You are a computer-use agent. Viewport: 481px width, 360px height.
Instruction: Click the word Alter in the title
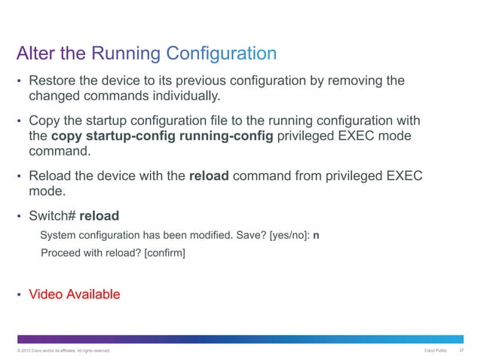coord(35,53)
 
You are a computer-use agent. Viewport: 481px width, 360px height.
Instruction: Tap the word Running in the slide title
coord(127,53)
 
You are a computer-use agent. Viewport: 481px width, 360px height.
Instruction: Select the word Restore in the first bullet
coord(54,81)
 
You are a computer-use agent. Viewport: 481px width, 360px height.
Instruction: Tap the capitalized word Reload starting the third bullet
coord(51,176)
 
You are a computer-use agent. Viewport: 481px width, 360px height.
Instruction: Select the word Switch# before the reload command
coord(52,215)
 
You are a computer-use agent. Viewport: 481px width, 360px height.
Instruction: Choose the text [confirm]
coord(165,253)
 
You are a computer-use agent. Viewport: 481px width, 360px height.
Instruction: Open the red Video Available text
coord(74,294)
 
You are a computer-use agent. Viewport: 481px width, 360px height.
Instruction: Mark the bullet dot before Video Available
coord(20,294)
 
